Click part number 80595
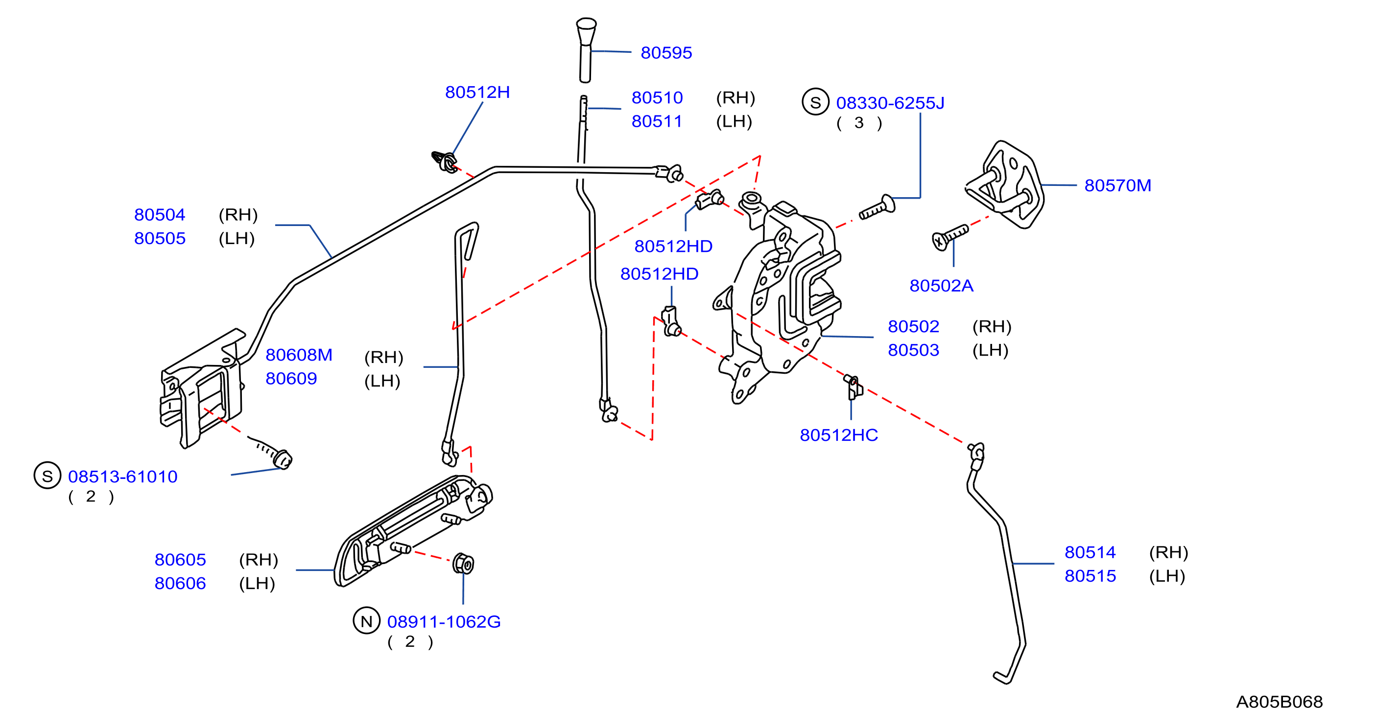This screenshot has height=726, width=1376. [666, 53]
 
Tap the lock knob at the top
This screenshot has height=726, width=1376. [586, 50]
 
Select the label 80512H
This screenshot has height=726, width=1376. [477, 92]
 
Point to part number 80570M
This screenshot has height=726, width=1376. [1117, 185]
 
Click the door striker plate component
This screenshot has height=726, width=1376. [1004, 184]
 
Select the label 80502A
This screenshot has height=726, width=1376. [941, 286]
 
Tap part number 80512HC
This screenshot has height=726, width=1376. [839, 435]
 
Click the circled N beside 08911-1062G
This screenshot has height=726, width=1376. [366, 621]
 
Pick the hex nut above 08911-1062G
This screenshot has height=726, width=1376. [463, 564]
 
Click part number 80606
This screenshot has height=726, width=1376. [180, 584]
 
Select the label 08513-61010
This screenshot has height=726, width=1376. [123, 476]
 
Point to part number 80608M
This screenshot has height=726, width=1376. [299, 355]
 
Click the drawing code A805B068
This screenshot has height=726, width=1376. [1280, 702]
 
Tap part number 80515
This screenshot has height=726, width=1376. [1090, 576]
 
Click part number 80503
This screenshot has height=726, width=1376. [913, 350]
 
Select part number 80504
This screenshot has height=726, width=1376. [160, 215]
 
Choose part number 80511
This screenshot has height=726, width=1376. [657, 122]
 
